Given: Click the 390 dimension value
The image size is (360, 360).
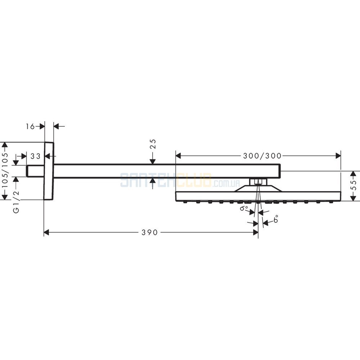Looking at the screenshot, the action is coord(149,233).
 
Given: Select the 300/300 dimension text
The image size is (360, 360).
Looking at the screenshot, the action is coord(262,156).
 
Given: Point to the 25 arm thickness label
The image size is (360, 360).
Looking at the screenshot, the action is coord(153,144).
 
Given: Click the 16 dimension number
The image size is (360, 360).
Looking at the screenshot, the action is coord(30,126).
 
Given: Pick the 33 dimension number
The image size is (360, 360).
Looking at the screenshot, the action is coord(35,156).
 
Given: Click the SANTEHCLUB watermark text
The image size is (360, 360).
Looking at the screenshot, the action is coord(166,180).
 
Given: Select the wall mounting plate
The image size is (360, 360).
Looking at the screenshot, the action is coord(49,171).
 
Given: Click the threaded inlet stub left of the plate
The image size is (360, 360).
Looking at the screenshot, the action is coord(35,171).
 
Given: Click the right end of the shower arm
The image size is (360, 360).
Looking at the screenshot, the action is coord(280,171).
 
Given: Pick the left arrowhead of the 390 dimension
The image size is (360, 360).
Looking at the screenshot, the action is coord(46,232).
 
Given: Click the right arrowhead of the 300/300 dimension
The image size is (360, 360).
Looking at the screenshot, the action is coord(338,156).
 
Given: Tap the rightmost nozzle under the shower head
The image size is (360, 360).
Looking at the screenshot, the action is coord(331,202).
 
